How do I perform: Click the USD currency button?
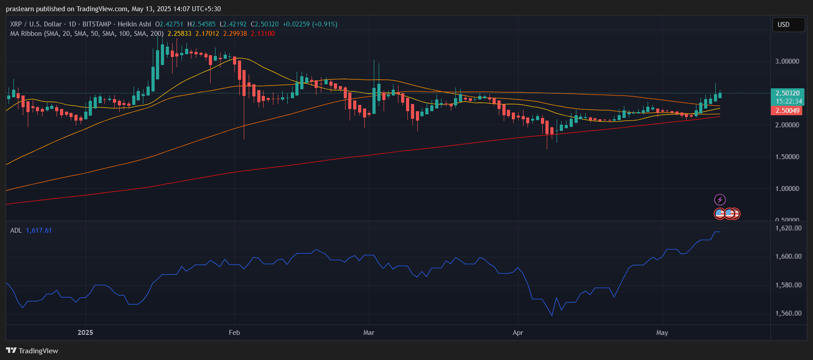[788, 25]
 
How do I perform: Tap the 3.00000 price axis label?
[787, 61]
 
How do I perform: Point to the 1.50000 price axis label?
[787, 157]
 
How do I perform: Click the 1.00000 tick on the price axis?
[787, 189]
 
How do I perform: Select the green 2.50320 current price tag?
[787, 93]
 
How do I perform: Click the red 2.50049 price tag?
[787, 111]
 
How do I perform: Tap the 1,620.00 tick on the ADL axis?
[788, 228]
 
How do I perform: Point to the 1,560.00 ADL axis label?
[788, 313]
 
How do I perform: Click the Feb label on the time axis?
[234, 333]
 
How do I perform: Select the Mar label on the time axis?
[369, 333]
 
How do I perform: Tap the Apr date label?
[518, 333]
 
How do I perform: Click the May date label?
[662, 333]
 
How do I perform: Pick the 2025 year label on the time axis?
[85, 333]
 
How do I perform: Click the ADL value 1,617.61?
[39, 230]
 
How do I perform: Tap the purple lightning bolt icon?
[720, 200]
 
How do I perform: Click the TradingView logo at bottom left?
[32, 351]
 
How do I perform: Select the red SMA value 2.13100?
[263, 34]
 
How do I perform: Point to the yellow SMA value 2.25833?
[179, 34]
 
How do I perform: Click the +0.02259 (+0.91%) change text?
[310, 24]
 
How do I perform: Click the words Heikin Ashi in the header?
[134, 24]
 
